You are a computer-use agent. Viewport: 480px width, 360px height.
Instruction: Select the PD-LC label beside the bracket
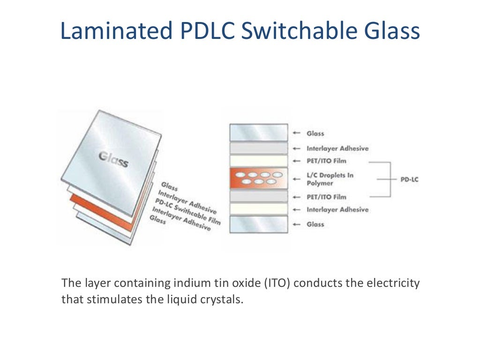(409, 179)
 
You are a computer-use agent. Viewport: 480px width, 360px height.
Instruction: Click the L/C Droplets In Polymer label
(330, 179)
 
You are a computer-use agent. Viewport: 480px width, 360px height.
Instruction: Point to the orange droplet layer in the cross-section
(258, 179)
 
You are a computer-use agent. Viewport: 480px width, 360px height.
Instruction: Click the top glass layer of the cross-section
(258, 133)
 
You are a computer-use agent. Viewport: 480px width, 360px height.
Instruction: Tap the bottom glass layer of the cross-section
(258, 224)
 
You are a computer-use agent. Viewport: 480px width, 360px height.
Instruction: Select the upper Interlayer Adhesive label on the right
(337, 149)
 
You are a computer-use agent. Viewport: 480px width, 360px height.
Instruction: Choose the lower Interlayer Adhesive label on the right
(337, 210)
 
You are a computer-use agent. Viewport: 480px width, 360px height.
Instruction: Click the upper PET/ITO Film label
(326, 161)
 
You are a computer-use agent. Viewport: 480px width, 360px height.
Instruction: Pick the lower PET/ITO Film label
(326, 197)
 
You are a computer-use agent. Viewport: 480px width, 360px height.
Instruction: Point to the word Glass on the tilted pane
(113, 159)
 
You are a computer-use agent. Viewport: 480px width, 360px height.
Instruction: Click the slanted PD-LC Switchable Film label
(187, 210)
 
